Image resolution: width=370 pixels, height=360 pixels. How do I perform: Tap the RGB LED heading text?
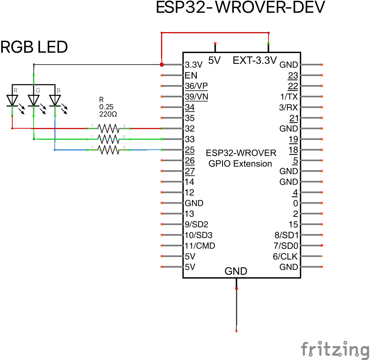pyautogui.click(x=34, y=48)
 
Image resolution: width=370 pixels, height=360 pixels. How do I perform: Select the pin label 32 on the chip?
pyautogui.click(x=190, y=129)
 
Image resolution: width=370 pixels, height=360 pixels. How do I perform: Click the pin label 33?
pyautogui.click(x=190, y=139)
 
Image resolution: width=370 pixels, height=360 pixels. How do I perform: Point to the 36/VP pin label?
pyautogui.click(x=196, y=86)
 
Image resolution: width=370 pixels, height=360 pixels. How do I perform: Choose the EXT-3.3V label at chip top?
pyautogui.click(x=254, y=61)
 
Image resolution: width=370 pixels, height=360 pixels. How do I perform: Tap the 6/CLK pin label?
pyautogui.click(x=285, y=257)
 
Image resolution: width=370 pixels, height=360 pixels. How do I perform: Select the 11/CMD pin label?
pyautogui.click(x=200, y=246)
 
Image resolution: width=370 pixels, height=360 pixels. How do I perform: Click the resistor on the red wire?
pyautogui.click(x=108, y=128)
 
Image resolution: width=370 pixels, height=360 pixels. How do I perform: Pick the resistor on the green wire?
pyautogui.click(x=108, y=139)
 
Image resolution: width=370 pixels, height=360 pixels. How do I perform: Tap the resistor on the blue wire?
pyautogui.click(x=108, y=150)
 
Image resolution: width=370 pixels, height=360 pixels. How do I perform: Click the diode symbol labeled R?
pyautogui.click(x=13, y=101)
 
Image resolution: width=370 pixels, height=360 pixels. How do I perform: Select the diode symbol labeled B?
pyautogui.click(x=55, y=101)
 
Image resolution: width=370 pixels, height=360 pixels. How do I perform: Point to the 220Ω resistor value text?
pyautogui.click(x=108, y=114)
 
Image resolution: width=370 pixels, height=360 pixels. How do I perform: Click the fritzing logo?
pyautogui.click(x=335, y=349)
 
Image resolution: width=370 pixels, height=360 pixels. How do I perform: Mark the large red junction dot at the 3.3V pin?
pyautogui.click(x=162, y=65)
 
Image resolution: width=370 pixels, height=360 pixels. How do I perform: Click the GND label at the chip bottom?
pyautogui.click(x=236, y=272)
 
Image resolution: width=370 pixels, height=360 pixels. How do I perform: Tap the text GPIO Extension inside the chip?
pyautogui.click(x=241, y=164)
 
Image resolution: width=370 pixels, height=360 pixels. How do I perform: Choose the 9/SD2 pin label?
pyautogui.click(x=196, y=225)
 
